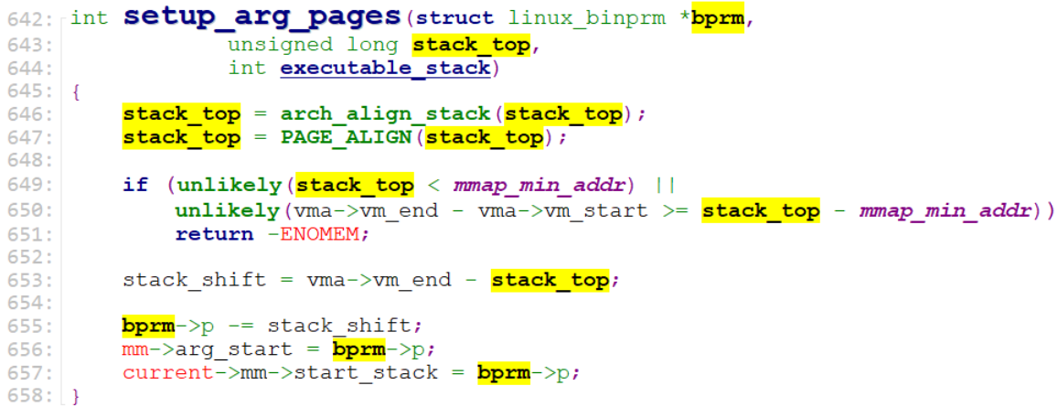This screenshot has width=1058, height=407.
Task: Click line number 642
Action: pyautogui.click(x=28, y=18)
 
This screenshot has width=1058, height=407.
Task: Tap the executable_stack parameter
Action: pyautogui.click(x=385, y=68)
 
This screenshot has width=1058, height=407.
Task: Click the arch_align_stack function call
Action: pyautogui.click(x=385, y=114)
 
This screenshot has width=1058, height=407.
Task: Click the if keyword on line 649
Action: pyautogui.click(x=135, y=186)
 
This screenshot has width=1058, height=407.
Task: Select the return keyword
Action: pyautogui.click(x=214, y=234)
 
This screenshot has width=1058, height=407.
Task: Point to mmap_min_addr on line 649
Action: pyautogui.click(x=567, y=186)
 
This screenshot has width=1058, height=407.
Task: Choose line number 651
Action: pyautogui.click(x=28, y=234)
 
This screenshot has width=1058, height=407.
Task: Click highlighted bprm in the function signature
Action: pyautogui.click(x=719, y=18)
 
